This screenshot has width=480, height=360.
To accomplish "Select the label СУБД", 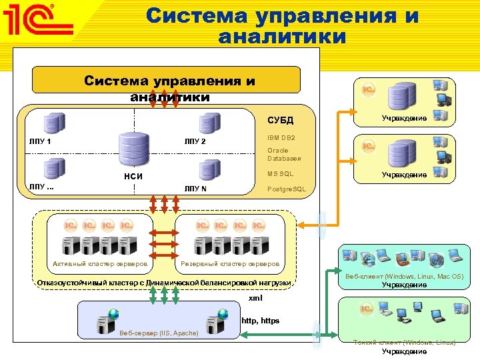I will pos(280,120).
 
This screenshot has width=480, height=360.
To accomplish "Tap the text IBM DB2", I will pos(281,137).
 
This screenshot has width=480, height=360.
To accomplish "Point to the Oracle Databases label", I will pos(284,155).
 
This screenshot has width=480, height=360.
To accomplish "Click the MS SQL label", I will pos(280,173).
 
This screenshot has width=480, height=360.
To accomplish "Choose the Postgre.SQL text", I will pos(287,189).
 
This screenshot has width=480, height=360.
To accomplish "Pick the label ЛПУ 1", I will pos(41,141).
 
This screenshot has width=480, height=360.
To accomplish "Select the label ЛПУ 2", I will pos(195,141).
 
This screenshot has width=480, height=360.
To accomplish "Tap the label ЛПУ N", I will pos(195,189).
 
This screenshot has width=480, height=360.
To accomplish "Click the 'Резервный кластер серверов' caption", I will pos(230,264).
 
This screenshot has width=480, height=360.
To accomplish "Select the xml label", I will pos(255,297).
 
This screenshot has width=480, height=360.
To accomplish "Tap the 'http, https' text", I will pos(261,321).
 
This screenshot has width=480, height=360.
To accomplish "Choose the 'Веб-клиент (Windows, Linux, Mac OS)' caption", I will pos(404,276).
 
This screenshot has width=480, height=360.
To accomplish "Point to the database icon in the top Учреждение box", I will pos(403,98).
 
